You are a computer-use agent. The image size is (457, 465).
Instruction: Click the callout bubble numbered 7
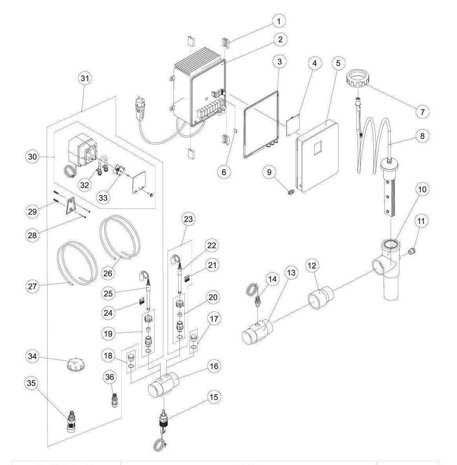(422, 111)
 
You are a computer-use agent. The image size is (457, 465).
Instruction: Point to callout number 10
(422, 189)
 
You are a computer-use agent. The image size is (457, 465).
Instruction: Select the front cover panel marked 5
(317, 156)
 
